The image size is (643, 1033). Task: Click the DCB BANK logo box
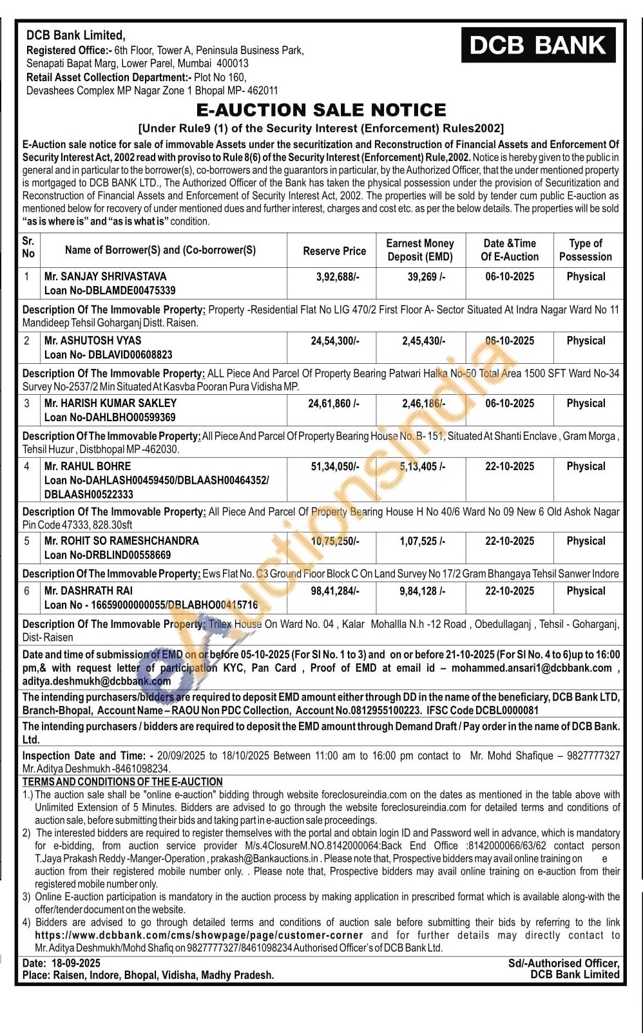point(538,45)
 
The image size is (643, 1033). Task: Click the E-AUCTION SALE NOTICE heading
point(321,110)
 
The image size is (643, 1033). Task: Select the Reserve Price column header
point(334,251)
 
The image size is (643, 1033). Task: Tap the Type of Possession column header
point(585,250)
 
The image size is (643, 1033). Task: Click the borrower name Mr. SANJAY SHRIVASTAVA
point(105,276)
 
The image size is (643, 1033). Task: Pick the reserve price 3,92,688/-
point(334,276)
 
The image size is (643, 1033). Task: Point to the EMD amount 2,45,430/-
point(423,341)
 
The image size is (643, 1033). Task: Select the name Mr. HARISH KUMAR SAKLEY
point(110,403)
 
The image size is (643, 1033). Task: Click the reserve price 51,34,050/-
point(335,466)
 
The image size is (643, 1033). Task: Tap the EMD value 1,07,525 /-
point(422,541)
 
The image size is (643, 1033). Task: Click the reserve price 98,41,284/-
point(335,591)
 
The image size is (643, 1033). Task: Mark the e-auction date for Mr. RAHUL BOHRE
point(509,466)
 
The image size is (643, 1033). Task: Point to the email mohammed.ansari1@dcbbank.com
point(532,668)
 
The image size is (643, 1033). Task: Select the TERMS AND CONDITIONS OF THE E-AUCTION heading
point(122,782)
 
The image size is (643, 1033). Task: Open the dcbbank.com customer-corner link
point(199,935)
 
